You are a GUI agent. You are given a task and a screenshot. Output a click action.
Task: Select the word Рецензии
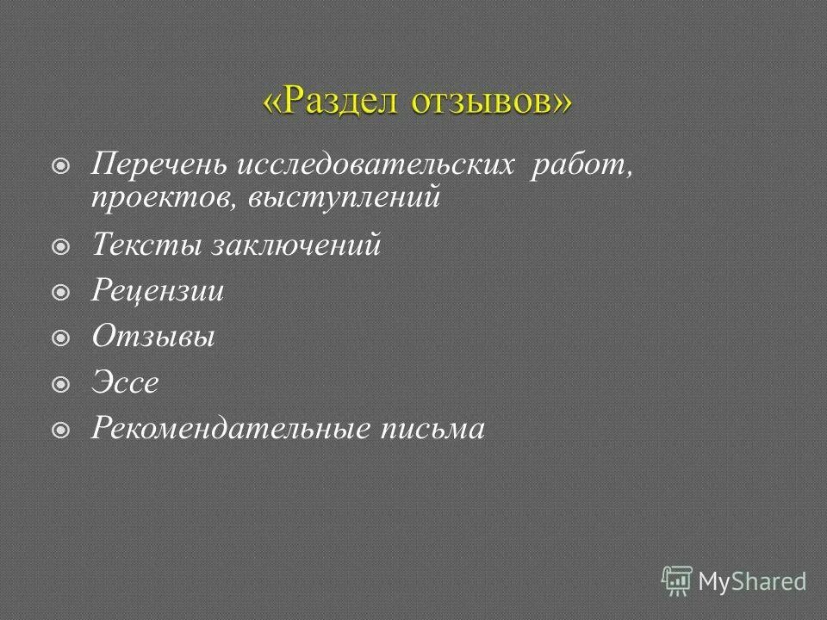(158, 292)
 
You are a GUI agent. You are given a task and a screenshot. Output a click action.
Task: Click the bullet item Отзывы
(153, 338)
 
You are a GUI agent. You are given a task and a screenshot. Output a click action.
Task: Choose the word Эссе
(126, 383)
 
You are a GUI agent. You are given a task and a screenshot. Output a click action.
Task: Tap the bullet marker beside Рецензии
(61, 294)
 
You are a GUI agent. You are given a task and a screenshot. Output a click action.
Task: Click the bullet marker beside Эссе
(61, 385)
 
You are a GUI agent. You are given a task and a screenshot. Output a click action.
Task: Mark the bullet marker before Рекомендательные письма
(61, 430)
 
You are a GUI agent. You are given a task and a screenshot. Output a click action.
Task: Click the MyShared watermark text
(752, 581)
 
